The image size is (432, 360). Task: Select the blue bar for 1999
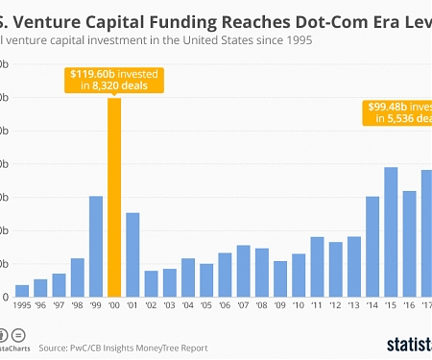click(x=96, y=247)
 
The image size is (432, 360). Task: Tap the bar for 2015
click(x=391, y=232)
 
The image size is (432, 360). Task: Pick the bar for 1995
click(x=22, y=291)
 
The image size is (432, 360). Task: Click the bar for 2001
click(x=132, y=254)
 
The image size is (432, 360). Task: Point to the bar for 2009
click(x=279, y=279)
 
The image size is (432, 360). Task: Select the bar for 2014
click(x=372, y=247)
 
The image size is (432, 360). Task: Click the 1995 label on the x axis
click(x=22, y=307)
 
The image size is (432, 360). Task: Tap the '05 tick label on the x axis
click(x=206, y=307)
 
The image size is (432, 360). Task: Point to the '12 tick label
click(x=335, y=307)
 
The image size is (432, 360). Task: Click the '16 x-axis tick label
click(x=409, y=307)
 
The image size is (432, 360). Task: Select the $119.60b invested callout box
click(x=114, y=79)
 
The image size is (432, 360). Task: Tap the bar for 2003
click(x=169, y=283)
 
